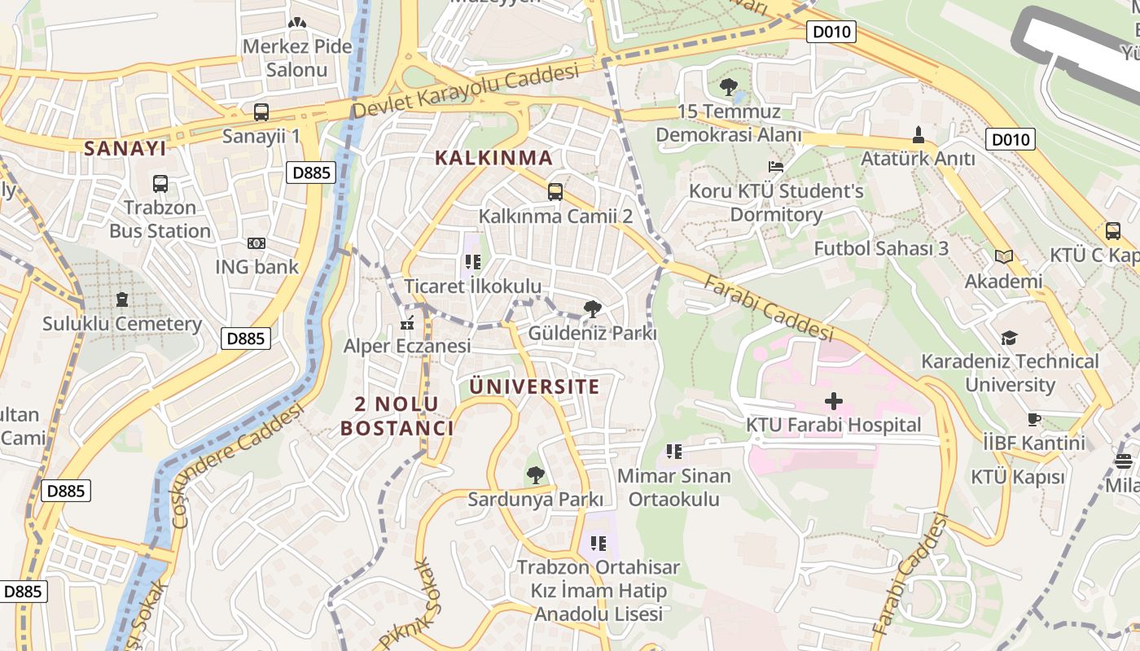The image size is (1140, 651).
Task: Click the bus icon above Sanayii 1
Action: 261,112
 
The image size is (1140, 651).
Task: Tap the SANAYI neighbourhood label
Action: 125,148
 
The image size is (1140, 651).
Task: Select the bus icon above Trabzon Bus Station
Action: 160,184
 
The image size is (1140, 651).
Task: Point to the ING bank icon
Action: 256,242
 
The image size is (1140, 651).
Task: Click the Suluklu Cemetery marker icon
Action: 122,299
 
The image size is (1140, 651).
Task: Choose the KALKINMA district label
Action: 493,158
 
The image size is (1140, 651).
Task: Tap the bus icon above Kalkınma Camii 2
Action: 555,192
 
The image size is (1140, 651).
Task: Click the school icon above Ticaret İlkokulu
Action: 472,262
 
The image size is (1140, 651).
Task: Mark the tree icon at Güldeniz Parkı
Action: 593,308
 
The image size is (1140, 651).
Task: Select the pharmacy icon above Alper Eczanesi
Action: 407,323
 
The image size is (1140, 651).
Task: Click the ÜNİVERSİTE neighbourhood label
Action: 534,387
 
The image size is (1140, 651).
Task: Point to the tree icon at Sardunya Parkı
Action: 535,474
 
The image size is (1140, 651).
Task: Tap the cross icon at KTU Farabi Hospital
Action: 834,400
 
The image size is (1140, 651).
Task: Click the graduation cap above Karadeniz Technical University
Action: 1010,338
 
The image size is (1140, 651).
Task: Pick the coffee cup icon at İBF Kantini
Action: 1034,420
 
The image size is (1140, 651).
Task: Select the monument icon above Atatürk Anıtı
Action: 919,134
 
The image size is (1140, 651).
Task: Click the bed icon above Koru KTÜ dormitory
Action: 775,167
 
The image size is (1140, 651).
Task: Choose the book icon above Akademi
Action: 1003,257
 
